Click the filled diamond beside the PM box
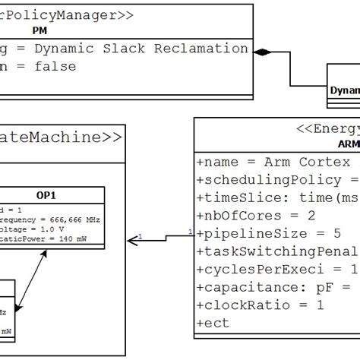click(262, 52)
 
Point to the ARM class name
click(348, 144)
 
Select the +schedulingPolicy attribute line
click(277, 179)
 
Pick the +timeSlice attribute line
click(277, 197)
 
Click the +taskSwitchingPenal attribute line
click(277, 251)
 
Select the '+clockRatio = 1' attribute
click(261, 305)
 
